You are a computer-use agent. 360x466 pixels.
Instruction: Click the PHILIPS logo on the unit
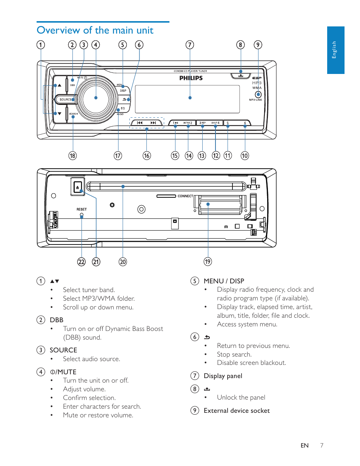(x=191, y=78)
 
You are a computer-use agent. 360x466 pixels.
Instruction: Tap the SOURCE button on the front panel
(x=66, y=100)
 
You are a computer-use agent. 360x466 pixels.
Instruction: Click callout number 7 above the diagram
(x=190, y=45)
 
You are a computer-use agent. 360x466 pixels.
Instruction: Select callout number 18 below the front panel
(x=72, y=155)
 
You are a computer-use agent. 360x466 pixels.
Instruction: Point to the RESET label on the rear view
(x=82, y=209)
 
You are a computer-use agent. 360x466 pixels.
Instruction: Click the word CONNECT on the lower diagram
(x=185, y=196)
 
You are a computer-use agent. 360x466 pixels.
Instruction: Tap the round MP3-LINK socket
(x=258, y=94)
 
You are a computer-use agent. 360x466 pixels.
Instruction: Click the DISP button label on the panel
(x=123, y=91)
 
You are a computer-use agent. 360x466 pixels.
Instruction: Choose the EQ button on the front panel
(x=123, y=108)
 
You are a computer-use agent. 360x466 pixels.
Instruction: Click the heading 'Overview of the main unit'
(x=95, y=30)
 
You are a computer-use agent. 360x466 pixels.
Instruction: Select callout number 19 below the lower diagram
(x=208, y=261)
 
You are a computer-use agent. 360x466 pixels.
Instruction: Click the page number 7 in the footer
(x=322, y=445)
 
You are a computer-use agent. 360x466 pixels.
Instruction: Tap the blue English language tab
(x=335, y=50)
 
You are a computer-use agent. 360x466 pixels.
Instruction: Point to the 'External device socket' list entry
(x=237, y=411)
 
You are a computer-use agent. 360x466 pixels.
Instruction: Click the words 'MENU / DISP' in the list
(x=224, y=281)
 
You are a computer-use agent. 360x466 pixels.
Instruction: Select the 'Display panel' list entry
(x=223, y=376)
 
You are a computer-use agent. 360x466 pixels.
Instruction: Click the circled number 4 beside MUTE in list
(x=41, y=372)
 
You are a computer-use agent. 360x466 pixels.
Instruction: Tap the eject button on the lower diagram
(x=78, y=187)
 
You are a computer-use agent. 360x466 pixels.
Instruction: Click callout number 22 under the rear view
(x=82, y=262)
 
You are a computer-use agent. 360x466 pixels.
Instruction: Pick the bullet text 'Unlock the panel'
(x=241, y=397)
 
